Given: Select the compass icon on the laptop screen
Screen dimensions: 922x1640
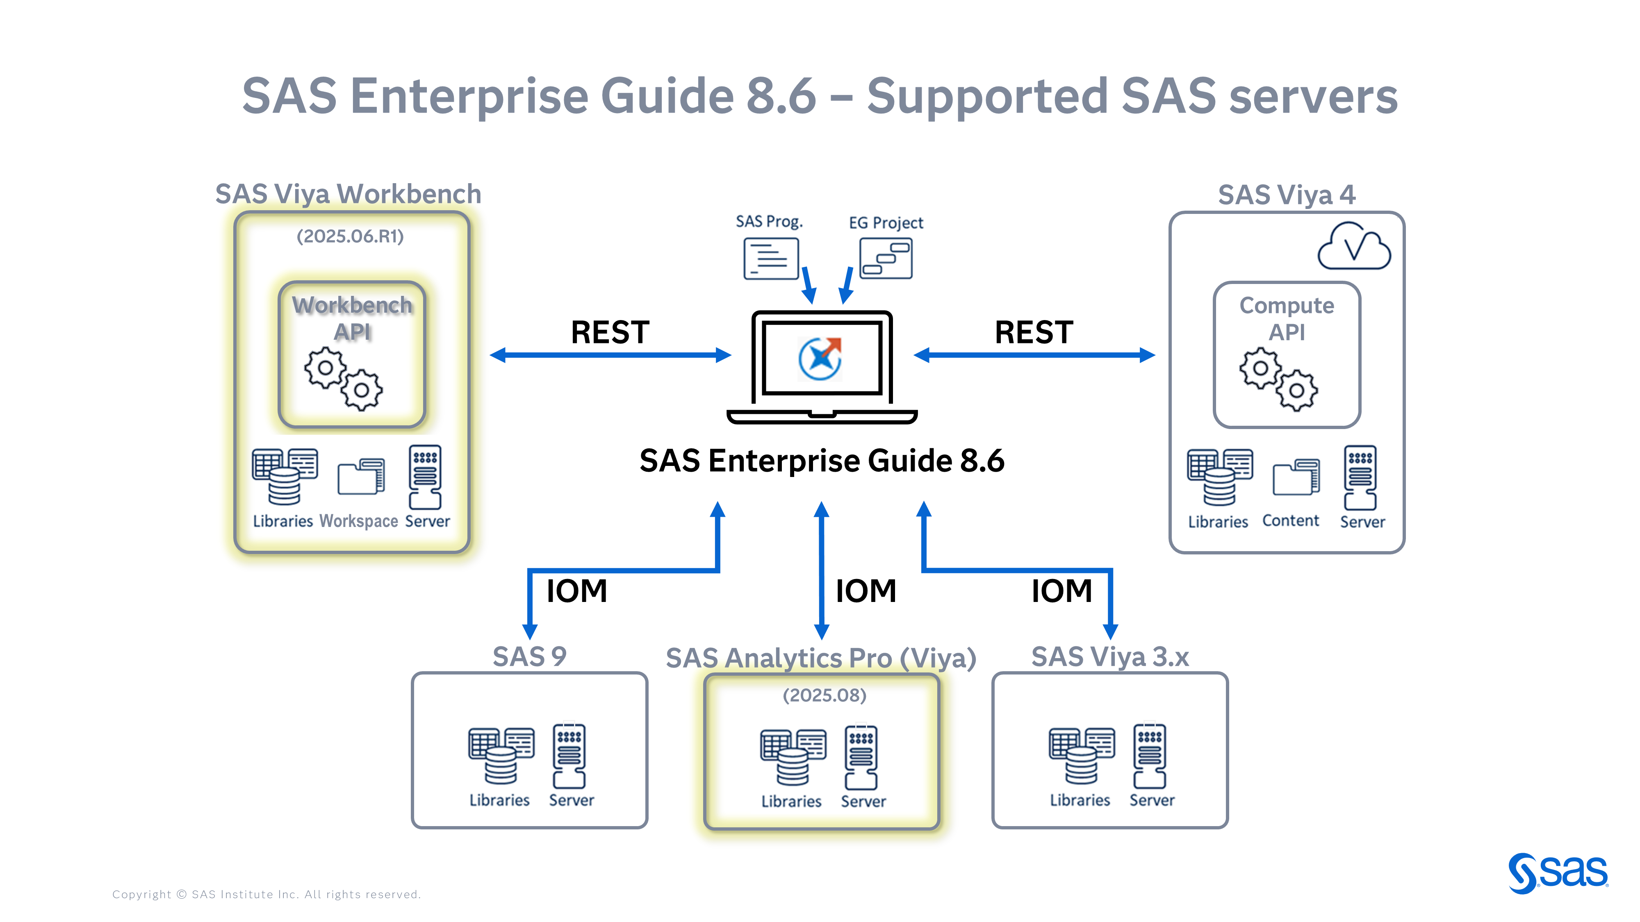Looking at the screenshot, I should click(820, 358).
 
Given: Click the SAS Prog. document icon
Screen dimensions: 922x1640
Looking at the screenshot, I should click(770, 258).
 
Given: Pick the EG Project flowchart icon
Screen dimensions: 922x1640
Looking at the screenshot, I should click(886, 258).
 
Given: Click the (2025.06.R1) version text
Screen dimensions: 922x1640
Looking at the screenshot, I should click(350, 236).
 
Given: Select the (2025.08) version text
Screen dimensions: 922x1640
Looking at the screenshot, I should click(825, 695).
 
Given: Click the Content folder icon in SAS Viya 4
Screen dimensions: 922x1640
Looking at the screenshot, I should click(1296, 477).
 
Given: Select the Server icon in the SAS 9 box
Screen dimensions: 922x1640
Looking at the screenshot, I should click(569, 756).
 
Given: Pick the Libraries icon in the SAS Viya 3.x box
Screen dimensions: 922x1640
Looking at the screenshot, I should click(1082, 756).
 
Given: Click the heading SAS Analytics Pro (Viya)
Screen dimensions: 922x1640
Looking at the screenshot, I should click(821, 658).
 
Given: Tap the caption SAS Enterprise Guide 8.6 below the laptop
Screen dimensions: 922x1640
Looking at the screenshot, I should click(821, 461).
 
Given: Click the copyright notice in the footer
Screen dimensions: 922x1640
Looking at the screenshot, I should click(266, 894).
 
